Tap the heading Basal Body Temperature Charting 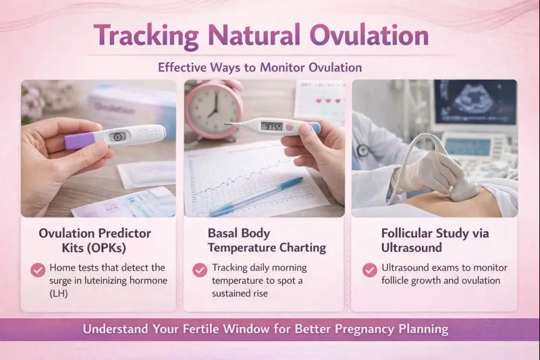(x=266, y=240)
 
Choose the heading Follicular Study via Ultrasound (x=435, y=240)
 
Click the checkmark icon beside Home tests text (x=38, y=270)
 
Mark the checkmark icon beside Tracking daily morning (x=200, y=270)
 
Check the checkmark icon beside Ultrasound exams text (x=369, y=270)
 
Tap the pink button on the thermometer (x=290, y=126)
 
